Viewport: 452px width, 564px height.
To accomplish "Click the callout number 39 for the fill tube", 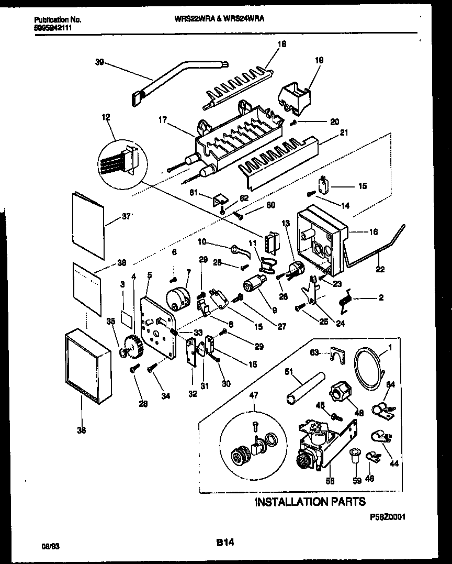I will (99, 62).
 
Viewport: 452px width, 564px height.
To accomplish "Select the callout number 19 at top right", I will (319, 60).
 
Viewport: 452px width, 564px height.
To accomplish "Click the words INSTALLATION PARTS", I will (310, 502).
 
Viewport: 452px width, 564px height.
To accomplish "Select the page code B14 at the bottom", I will (225, 544).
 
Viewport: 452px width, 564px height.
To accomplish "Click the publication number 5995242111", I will (50, 28).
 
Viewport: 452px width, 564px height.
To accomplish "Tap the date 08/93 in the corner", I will (49, 546).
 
